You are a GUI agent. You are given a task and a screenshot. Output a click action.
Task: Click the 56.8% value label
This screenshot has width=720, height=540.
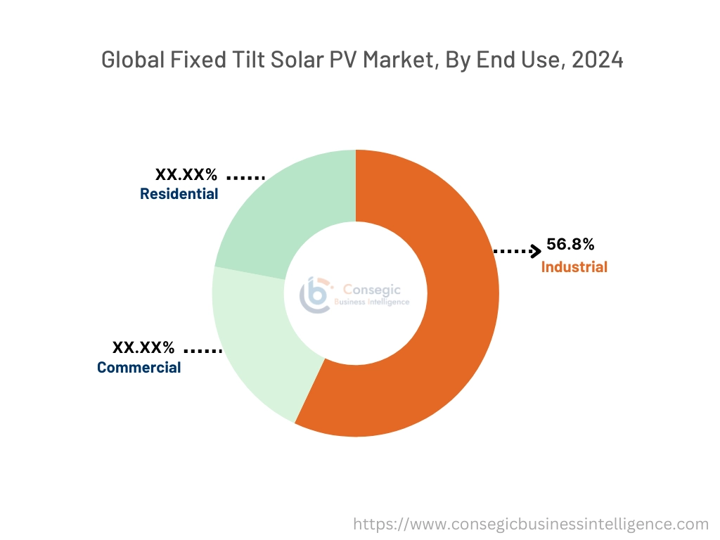pyautogui.click(x=570, y=245)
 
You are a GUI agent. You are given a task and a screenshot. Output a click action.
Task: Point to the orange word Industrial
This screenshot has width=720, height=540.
pyautogui.click(x=574, y=267)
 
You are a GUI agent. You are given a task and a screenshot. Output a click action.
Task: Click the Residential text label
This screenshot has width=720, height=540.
pyautogui.click(x=179, y=194)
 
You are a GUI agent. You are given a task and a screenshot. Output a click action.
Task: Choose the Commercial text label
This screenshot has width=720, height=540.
pyautogui.click(x=139, y=368)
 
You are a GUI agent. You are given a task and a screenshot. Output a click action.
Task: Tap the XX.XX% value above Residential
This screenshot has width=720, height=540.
pyautogui.click(x=186, y=174)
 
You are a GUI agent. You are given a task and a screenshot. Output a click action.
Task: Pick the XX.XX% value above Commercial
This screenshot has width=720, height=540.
pyautogui.click(x=143, y=347)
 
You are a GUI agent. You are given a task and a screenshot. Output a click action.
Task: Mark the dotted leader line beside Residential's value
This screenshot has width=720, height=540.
pyautogui.click(x=245, y=178)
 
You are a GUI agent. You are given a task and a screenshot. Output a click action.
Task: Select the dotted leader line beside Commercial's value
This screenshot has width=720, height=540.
pyautogui.click(x=202, y=350)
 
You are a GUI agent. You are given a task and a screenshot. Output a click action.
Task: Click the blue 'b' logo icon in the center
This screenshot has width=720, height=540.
pyautogui.click(x=315, y=294)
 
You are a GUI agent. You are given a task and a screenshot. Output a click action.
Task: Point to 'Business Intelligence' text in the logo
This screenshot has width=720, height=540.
pyautogui.click(x=375, y=302)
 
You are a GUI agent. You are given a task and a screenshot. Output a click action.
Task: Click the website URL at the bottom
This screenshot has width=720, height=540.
pyautogui.click(x=531, y=524)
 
